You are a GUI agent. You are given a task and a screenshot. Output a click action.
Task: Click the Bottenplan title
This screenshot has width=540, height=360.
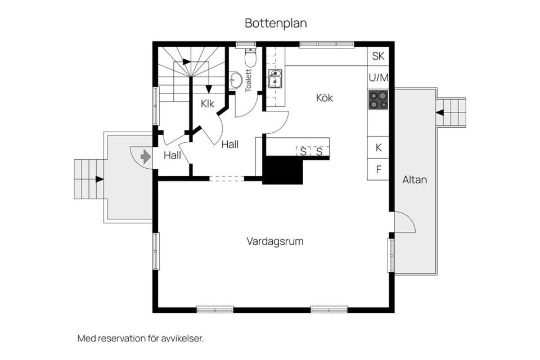(276, 23)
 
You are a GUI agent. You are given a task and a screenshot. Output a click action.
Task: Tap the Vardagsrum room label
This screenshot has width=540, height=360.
(275, 241)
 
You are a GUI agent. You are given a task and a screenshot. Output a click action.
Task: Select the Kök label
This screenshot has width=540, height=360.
(325, 98)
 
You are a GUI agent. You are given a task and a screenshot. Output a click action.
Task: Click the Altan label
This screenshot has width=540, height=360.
(415, 180)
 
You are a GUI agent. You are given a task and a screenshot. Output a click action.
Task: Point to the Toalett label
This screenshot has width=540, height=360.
(249, 80)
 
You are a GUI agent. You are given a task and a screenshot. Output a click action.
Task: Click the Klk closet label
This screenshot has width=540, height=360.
(208, 103)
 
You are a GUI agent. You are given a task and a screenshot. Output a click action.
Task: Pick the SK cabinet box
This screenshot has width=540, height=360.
(378, 56)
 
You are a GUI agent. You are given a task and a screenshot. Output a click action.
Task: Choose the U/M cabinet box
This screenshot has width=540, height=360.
(378, 77)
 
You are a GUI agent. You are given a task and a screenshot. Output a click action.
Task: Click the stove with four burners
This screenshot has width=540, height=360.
(378, 100)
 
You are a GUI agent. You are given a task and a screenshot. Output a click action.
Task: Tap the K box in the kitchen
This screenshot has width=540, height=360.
(378, 148)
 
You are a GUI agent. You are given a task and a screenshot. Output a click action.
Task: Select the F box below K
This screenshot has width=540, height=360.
(378, 169)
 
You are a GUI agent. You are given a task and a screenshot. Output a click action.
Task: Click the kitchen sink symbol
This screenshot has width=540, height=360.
(274, 79)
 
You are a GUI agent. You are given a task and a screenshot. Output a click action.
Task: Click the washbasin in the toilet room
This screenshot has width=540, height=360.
(236, 80)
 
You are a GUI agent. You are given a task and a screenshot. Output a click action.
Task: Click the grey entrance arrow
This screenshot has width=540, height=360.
(146, 156)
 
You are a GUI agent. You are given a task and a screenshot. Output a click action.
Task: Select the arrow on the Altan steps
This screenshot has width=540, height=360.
(440, 112)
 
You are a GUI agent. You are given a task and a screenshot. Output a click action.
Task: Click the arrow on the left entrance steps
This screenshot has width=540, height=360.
(100, 179)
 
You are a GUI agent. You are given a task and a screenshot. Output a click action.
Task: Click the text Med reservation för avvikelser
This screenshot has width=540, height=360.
(140, 339)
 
